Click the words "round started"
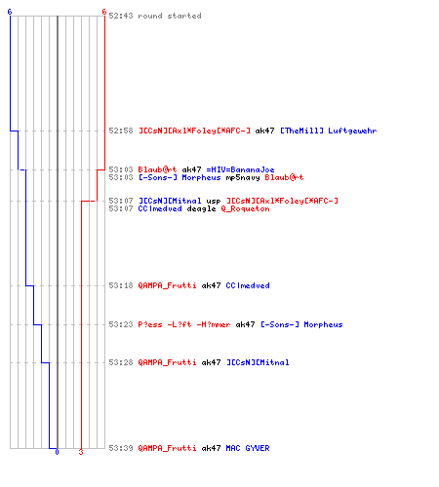point(170,16)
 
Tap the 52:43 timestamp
point(121,16)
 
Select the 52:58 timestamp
point(121,131)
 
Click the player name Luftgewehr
point(352,131)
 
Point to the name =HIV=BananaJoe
point(240,169)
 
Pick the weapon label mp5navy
point(243,177)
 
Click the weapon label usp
point(214,202)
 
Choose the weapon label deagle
point(201,208)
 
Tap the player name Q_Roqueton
point(245,208)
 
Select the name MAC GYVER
point(248,448)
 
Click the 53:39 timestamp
point(121,448)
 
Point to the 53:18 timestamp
point(121,285)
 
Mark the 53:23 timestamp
point(121,324)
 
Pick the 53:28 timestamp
point(121,362)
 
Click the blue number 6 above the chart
point(10,12)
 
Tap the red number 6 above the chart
point(104,12)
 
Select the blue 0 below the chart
point(57,452)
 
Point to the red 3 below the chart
point(81,452)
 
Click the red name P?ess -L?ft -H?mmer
point(184,324)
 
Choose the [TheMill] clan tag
point(301,131)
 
